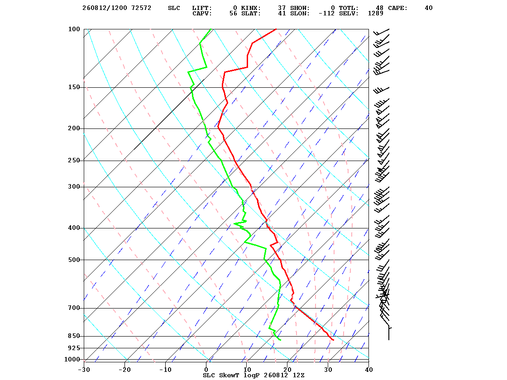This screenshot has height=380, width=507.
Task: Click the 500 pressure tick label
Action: (74, 260)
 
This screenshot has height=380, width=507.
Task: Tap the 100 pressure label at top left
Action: (74, 29)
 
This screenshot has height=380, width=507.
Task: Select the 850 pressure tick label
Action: (74, 336)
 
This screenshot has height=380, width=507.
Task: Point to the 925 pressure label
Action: (74, 348)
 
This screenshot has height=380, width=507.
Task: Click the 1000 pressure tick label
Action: (72, 359)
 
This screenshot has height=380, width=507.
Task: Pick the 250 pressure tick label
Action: (74, 160)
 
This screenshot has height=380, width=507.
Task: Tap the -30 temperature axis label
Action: (84, 370)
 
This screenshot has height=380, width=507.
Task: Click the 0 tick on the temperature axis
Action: (206, 370)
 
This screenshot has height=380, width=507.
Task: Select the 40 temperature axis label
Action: (369, 370)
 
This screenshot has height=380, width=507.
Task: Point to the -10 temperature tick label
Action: (165, 370)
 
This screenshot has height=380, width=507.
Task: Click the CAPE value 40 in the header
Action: (429, 8)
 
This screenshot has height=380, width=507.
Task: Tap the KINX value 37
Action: (282, 8)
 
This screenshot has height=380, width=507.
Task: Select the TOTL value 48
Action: (380, 8)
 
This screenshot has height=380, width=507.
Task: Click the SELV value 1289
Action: (376, 14)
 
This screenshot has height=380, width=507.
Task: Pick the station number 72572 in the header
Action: (141, 8)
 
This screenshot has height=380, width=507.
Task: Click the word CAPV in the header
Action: (202, 14)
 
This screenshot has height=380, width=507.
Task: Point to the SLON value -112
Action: (326, 14)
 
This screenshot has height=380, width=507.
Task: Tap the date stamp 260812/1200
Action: (105, 8)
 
